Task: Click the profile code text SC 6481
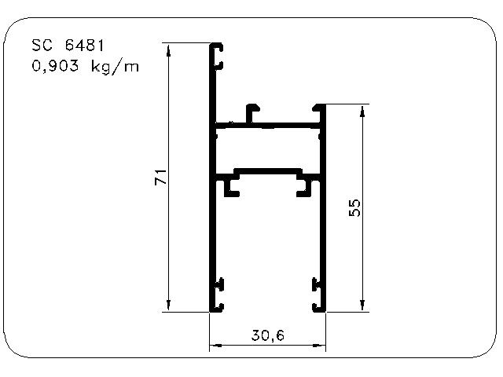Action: click(68, 46)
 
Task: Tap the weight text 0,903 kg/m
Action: click(86, 67)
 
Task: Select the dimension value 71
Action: click(161, 177)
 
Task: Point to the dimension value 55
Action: click(354, 208)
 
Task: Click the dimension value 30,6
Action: click(268, 335)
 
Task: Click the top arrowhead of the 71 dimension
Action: click(169, 49)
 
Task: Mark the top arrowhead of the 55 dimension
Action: click(362, 111)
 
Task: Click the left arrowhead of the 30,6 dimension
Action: click(215, 346)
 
